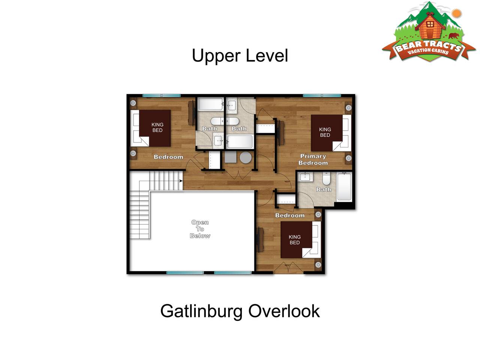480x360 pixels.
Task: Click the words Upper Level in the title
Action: pyautogui.click(x=240, y=56)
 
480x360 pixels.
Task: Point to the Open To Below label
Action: pyautogui.click(x=200, y=229)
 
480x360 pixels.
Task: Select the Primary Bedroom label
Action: pyautogui.click(x=313, y=159)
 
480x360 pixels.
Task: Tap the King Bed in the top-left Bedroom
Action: pyautogui.click(x=151, y=128)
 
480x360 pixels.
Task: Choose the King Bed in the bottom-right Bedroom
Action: pyautogui.click(x=301, y=240)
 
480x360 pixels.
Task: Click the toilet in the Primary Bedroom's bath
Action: pyautogui.click(x=326, y=178)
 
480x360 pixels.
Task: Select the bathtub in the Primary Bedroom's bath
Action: pyautogui.click(x=344, y=187)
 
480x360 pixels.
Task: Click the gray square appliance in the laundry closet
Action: pyautogui.click(x=231, y=157)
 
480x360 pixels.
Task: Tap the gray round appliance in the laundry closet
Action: pyautogui.click(x=245, y=157)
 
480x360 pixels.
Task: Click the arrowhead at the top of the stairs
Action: pyautogui.click(x=181, y=181)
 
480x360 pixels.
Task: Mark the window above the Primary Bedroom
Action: pyautogui.click(x=322, y=96)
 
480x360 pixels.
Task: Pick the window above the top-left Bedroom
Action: pyautogui.click(x=162, y=96)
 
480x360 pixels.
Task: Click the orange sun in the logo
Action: pyautogui.click(x=456, y=13)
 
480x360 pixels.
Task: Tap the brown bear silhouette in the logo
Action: pyautogui.click(x=453, y=36)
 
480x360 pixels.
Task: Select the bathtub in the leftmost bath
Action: pyautogui.click(x=211, y=104)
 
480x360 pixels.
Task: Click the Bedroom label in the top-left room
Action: pyautogui.click(x=168, y=157)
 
